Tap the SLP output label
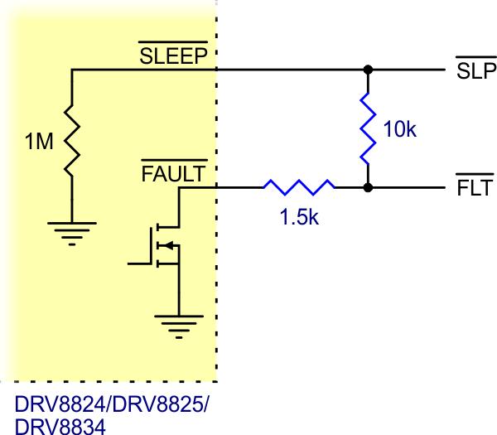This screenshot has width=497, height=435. [475, 70]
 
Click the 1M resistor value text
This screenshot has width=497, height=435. [39, 142]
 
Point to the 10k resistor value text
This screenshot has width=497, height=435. [400, 129]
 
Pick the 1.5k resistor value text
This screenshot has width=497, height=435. [298, 220]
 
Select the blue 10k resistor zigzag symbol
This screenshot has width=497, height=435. [366, 128]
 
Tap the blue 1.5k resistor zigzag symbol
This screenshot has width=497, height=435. [299, 188]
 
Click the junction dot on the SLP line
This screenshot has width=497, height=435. [366, 70]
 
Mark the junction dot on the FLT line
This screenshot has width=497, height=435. [366, 188]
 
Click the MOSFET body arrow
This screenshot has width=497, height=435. [168, 244]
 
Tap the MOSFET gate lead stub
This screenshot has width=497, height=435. [139, 263]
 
